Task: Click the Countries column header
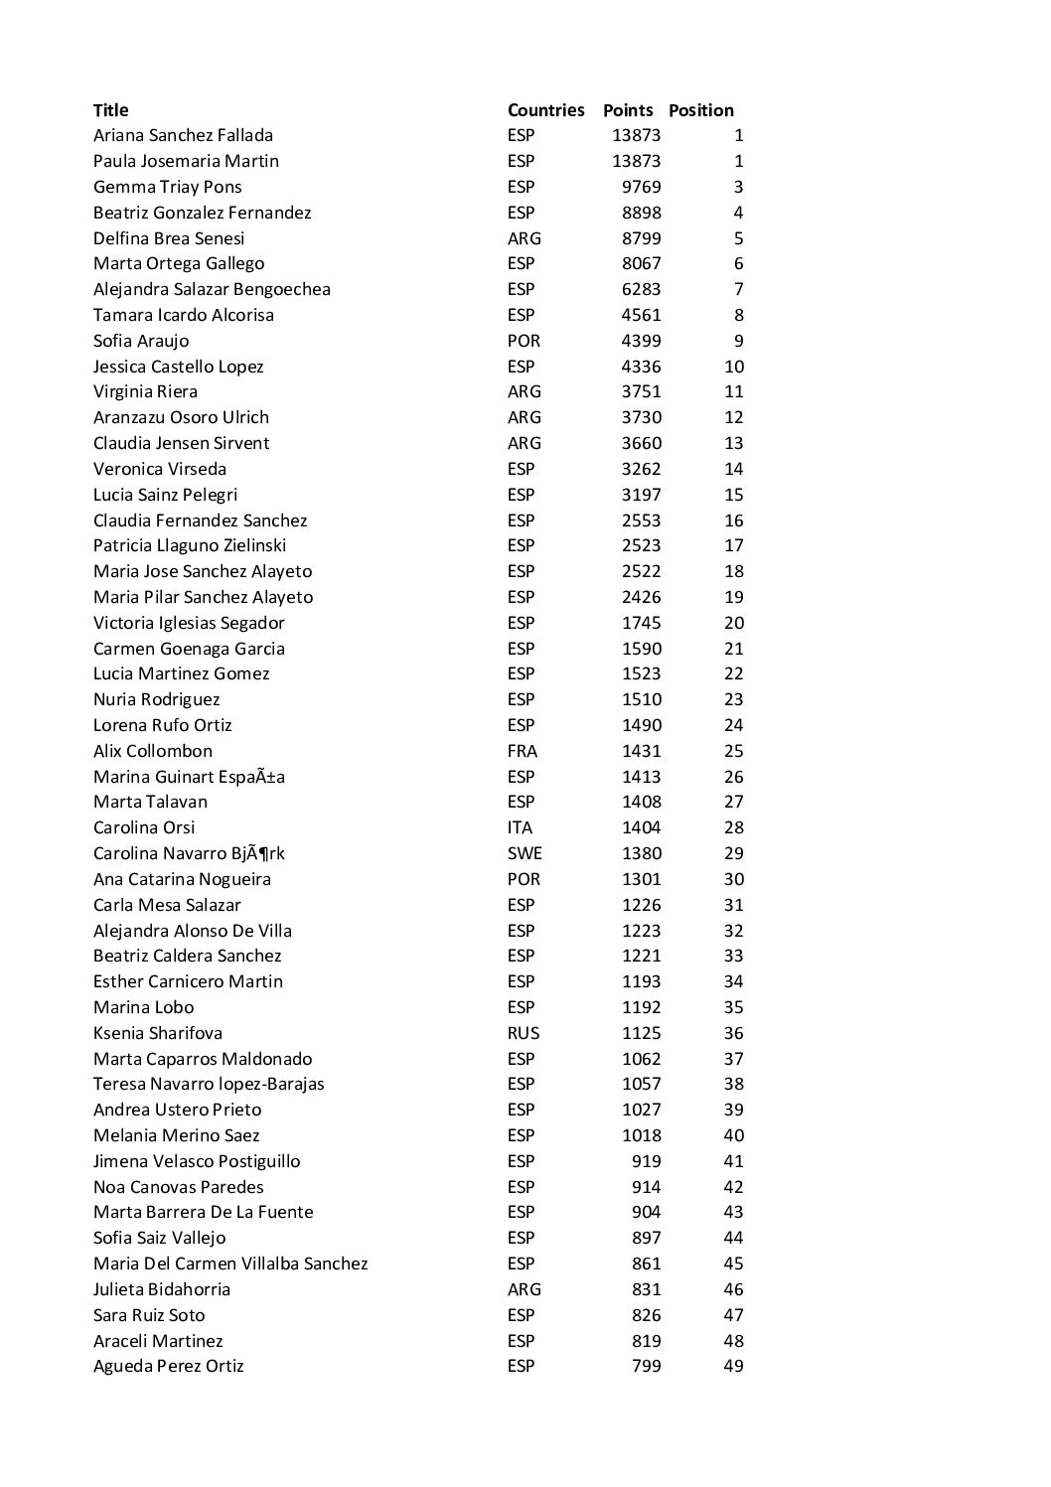545,110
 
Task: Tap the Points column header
628,110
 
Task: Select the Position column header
701,110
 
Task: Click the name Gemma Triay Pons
167,187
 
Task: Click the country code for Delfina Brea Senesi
524,238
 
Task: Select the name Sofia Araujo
141,341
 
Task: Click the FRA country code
522,751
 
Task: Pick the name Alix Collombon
153,751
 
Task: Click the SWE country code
525,853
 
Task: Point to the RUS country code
523,1033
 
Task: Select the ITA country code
520,827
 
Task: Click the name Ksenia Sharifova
158,1033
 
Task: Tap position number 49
733,1366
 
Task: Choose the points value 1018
641,1135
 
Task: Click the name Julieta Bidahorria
162,1289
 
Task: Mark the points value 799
646,1366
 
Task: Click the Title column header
110,110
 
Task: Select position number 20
733,623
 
